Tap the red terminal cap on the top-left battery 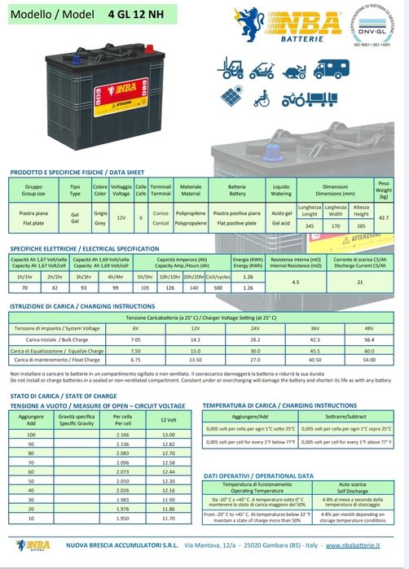click(49, 59)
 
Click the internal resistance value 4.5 click(296, 281)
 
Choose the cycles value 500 click(218, 288)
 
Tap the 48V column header click(368, 327)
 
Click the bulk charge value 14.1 click(195, 339)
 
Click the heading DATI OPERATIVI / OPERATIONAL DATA click(258, 475)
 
